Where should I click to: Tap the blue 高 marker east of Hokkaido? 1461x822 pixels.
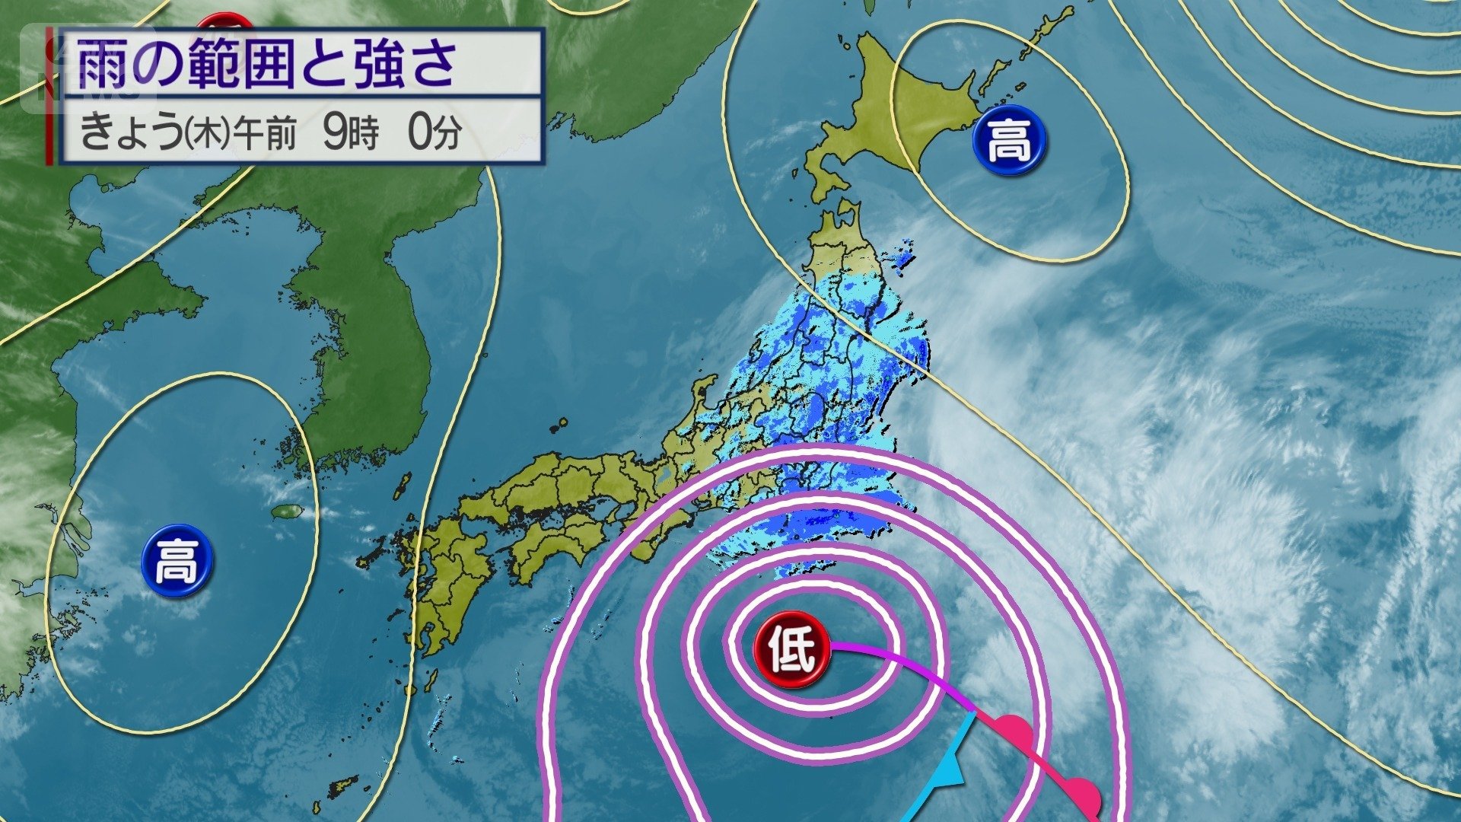tap(1009, 140)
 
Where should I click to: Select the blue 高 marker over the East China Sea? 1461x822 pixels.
tap(177, 561)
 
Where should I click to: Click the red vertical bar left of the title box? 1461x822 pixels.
tap(49, 96)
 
